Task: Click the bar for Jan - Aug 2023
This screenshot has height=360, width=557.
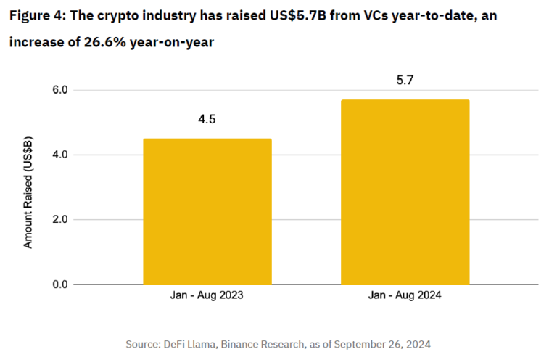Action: coord(207,211)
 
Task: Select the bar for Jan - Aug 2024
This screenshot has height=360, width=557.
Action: coord(405,192)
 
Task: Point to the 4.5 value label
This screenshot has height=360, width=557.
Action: coord(207,119)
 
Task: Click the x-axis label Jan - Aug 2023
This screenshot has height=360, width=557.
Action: coord(207,296)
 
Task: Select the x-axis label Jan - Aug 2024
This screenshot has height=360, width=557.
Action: coord(405,296)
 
